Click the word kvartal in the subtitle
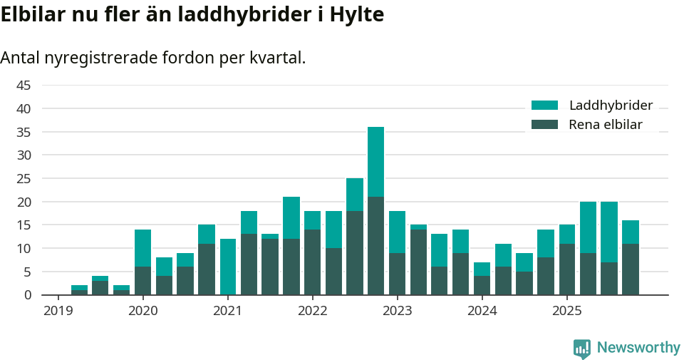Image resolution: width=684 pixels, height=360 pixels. point(277,58)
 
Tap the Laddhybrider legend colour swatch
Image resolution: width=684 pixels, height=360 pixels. point(544,106)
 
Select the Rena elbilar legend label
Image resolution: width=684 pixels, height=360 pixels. point(606,125)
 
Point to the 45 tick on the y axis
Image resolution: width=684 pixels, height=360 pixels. point(24,86)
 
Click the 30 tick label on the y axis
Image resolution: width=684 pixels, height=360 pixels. point(24,155)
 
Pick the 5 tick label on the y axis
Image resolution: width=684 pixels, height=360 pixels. point(27,272)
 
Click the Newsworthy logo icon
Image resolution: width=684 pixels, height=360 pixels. point(581,348)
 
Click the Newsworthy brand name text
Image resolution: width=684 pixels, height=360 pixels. point(638,348)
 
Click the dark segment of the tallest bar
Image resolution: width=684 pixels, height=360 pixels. point(375,246)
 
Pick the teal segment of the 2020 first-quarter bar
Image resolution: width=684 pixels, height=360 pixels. point(142,248)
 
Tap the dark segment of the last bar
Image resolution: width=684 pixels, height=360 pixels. point(630,269)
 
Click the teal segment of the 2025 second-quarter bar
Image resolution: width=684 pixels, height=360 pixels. point(588,227)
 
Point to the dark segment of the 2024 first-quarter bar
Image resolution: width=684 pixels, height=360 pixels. point(482,285)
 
